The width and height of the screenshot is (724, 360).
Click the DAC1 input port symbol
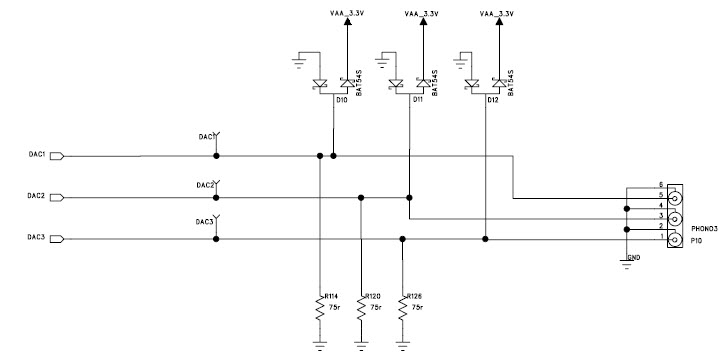pos(56,155)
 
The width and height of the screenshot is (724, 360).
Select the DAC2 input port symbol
pos(56,197)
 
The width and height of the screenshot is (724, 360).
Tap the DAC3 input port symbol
pos(56,238)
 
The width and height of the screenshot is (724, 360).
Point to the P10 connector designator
pos(696,241)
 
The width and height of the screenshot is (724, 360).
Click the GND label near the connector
pos(632,258)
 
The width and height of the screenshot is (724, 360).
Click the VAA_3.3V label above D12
pos(499,15)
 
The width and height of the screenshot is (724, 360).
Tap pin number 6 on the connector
pos(661,186)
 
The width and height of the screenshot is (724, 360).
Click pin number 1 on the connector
pos(661,237)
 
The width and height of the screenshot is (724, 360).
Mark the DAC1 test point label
pos(206,136)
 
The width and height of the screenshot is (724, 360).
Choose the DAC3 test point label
pos(206,221)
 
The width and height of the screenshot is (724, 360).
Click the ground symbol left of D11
pos(382,58)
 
